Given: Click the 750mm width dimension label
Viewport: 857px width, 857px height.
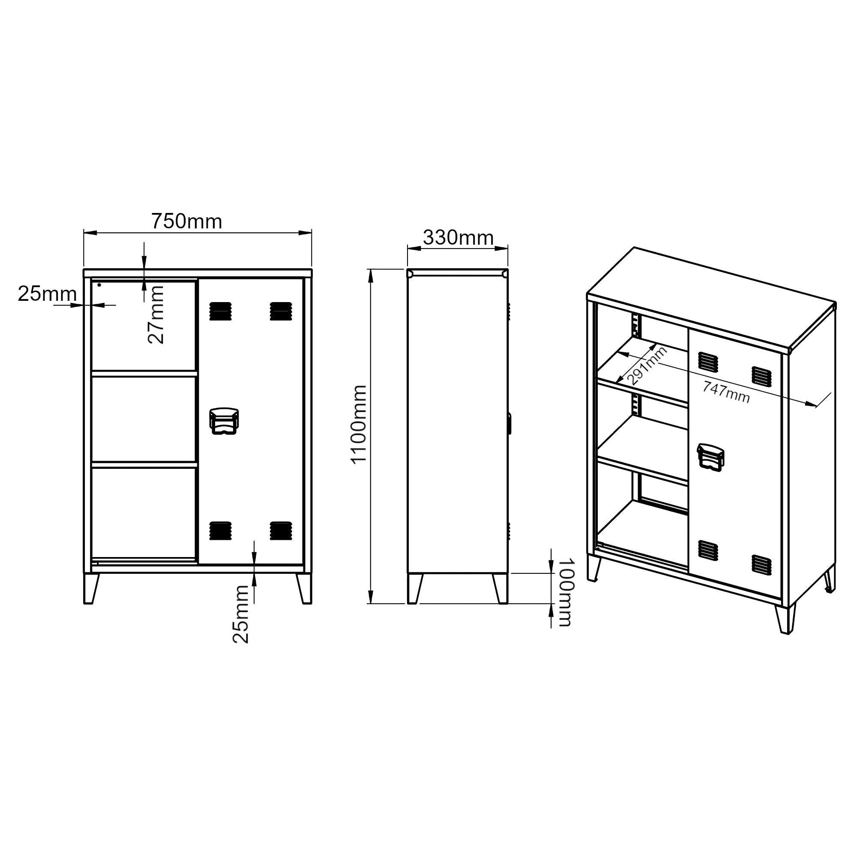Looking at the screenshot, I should [187, 222].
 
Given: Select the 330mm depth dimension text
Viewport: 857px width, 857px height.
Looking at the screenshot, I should [458, 238].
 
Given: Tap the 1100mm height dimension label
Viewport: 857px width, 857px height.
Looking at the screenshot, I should [359, 425].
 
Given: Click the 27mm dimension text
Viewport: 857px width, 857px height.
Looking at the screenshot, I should [156, 315].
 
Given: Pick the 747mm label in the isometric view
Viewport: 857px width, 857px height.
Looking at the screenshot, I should [726, 392].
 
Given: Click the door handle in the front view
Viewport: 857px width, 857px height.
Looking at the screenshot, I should [224, 421].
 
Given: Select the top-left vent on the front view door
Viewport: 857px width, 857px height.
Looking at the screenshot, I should [220, 311].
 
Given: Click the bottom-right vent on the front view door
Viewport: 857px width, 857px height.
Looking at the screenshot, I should [281, 530].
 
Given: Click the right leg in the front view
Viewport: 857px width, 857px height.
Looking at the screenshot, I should [305, 589].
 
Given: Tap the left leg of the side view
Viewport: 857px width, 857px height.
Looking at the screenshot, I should [414, 589].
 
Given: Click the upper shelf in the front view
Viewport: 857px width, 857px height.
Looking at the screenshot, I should [144, 374].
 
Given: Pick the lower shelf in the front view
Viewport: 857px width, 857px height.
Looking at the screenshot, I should [144, 464].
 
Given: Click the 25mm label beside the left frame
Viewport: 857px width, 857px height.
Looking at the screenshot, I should [47, 294].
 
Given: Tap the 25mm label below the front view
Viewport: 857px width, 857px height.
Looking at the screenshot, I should [241, 614].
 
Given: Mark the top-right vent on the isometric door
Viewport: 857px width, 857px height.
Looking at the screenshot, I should [761, 376].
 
